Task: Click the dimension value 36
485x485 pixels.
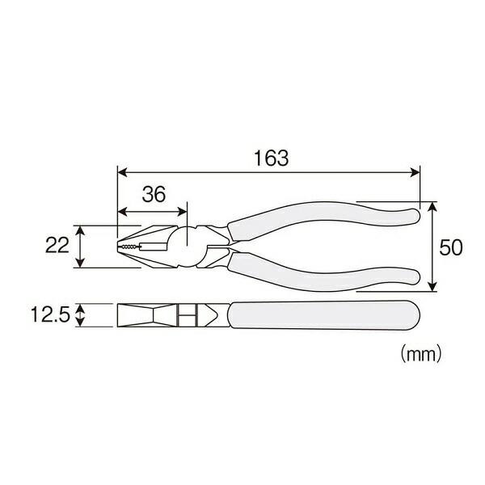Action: pos(154,195)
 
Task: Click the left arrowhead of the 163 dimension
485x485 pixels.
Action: pos(122,172)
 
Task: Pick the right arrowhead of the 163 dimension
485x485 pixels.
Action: pos(417,172)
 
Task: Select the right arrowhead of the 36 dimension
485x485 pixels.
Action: pos(183,213)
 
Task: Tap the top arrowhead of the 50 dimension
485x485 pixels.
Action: pos(434,206)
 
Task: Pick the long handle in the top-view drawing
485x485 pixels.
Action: pos(323,314)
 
